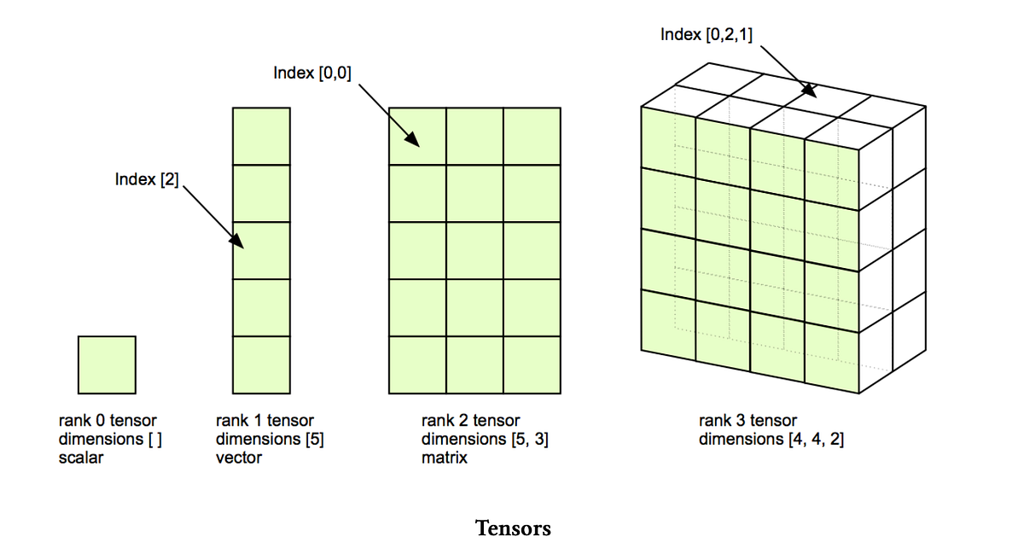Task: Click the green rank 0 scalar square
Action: click(x=107, y=365)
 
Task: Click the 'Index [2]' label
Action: click(x=147, y=180)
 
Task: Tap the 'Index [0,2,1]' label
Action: click(x=706, y=35)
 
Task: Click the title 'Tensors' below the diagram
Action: click(x=513, y=528)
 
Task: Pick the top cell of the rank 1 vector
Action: click(x=261, y=136)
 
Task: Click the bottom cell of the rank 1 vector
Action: click(x=261, y=365)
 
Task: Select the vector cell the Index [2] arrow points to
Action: click(x=261, y=250)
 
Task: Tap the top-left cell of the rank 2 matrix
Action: click(x=417, y=136)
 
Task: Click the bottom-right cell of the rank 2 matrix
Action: click(x=532, y=365)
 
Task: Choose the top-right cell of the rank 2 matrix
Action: click(x=532, y=136)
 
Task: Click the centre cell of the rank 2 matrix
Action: click(x=474, y=250)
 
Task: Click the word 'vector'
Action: click(x=239, y=458)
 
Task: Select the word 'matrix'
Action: click(x=445, y=458)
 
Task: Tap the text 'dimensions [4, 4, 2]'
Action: click(x=771, y=439)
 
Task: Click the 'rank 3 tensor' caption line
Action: click(x=748, y=420)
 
